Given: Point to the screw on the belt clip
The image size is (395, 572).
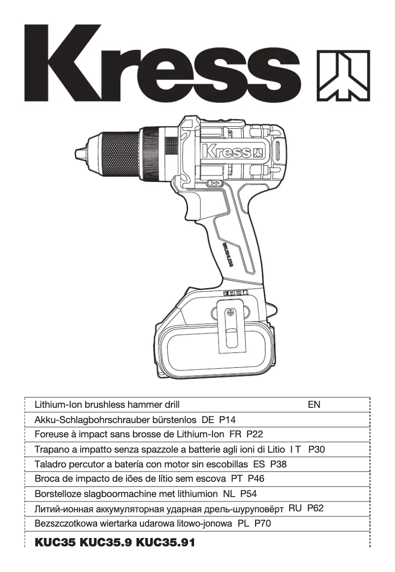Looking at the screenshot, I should click(230, 313).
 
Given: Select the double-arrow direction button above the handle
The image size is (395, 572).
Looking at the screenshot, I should click(215, 183).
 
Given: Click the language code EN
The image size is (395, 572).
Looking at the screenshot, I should click(314, 405).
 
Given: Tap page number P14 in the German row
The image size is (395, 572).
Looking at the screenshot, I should click(228, 420).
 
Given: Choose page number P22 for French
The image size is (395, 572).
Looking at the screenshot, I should click(255, 434).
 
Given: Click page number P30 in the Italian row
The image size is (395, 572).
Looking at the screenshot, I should click(317, 449).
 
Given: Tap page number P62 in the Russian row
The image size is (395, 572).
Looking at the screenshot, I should click(315, 508).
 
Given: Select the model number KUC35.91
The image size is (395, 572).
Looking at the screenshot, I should click(165, 543).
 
